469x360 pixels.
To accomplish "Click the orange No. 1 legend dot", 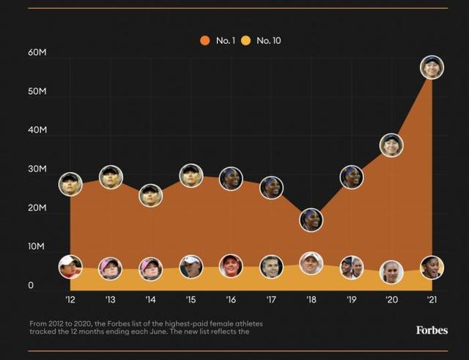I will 204,40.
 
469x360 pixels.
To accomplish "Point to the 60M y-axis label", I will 37,54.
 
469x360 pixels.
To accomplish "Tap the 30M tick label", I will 37,169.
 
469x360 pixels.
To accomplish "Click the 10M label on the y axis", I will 37,247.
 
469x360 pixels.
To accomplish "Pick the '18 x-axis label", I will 311,300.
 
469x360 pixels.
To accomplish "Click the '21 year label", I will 431,300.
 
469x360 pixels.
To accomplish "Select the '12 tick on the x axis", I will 70,300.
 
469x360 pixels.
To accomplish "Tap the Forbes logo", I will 432,330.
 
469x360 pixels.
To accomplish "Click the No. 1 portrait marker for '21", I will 432,67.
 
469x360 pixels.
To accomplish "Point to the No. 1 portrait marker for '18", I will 311,219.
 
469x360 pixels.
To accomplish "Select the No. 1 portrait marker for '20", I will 391,145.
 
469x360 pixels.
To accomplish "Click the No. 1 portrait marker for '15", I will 191,176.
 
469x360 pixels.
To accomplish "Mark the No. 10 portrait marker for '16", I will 231,266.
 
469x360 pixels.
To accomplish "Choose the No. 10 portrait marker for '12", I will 70,266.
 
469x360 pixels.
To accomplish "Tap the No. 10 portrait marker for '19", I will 352,268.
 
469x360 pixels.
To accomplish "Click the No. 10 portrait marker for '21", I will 432,268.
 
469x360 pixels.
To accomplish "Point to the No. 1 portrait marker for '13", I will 111,177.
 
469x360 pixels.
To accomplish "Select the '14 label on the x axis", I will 150,300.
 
